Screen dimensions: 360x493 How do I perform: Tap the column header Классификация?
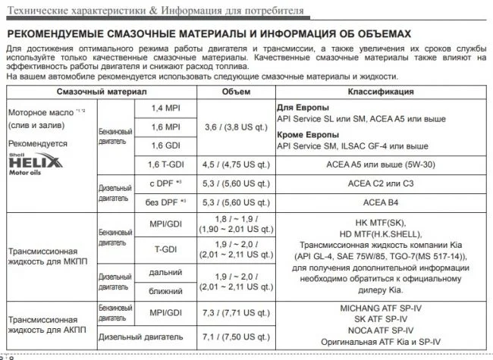381,92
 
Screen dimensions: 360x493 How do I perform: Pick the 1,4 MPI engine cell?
166,108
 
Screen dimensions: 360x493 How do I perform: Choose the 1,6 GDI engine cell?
166,146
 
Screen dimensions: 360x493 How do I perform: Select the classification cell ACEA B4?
382,203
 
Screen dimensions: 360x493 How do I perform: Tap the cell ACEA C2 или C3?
382,184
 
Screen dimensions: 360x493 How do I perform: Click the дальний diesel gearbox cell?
166,272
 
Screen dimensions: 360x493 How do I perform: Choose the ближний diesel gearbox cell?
166,290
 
